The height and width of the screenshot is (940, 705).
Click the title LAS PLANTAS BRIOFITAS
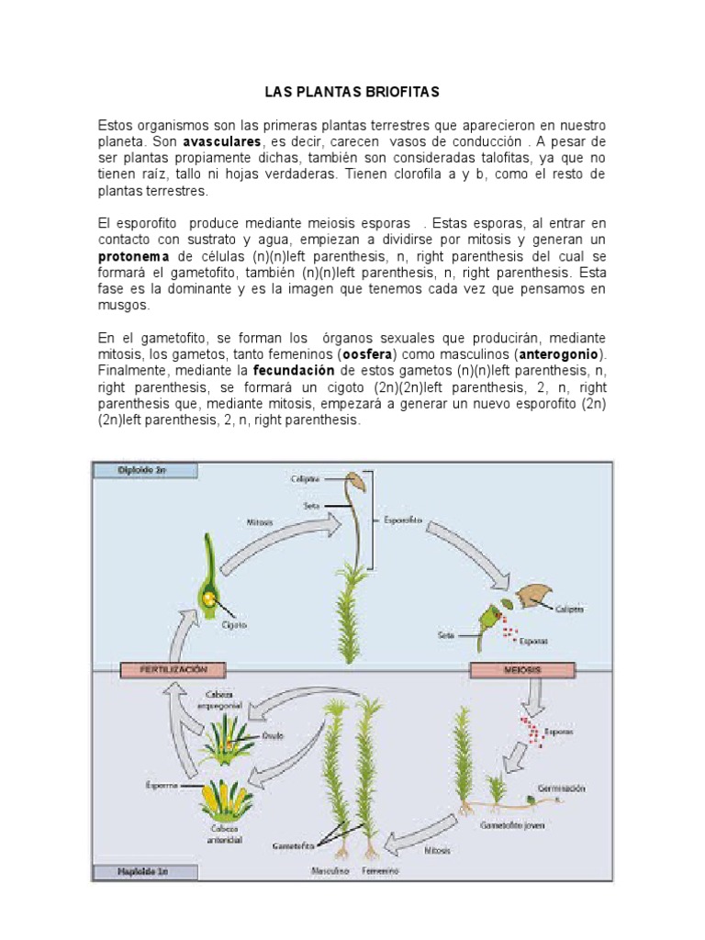click(x=352, y=92)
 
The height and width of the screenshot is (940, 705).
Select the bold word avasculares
click(x=222, y=142)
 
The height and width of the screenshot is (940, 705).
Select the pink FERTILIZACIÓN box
click(x=173, y=670)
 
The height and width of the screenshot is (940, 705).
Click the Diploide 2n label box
click(x=143, y=470)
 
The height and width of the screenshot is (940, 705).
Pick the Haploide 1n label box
click(x=143, y=870)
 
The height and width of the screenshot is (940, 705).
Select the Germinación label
click(x=563, y=788)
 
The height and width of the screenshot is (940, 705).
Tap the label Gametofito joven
click(x=512, y=824)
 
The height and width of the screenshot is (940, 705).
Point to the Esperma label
click(x=160, y=785)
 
